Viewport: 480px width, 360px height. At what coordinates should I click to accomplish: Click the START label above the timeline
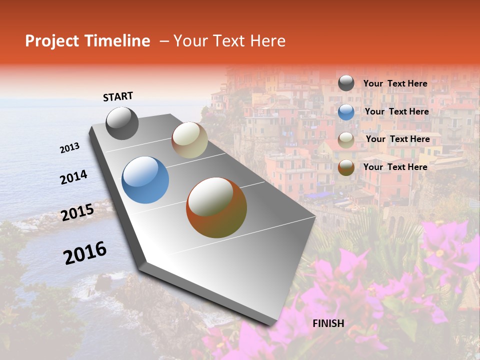click(118, 96)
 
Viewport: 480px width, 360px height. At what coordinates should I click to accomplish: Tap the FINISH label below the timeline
click(328, 323)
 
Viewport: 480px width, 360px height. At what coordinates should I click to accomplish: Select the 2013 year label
click(70, 147)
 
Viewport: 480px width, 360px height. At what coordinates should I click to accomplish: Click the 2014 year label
click(73, 177)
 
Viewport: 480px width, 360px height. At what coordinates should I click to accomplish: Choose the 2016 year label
click(85, 252)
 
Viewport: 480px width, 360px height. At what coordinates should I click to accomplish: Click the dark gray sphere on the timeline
click(122, 123)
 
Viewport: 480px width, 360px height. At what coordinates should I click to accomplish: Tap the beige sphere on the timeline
click(189, 140)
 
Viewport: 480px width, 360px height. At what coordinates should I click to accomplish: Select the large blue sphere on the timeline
click(145, 180)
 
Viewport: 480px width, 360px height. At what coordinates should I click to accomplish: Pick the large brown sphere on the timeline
click(216, 207)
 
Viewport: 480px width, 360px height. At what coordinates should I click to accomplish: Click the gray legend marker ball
click(346, 83)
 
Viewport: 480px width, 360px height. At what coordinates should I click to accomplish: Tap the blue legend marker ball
click(346, 112)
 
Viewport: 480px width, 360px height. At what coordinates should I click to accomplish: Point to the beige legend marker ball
click(346, 140)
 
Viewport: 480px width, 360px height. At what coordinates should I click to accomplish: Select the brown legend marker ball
click(346, 167)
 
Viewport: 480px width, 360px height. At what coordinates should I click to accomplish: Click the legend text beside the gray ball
click(395, 83)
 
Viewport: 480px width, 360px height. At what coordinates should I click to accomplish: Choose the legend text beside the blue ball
click(396, 111)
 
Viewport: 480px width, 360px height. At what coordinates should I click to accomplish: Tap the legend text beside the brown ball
click(395, 167)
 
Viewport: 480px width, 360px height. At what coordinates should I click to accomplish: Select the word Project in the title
click(51, 41)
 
